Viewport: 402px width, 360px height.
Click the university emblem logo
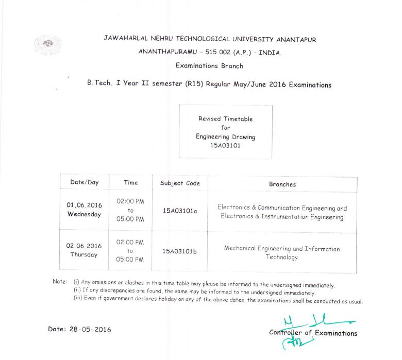[48, 44]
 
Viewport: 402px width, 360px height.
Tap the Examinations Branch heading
[209, 66]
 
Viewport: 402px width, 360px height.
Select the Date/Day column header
[85, 182]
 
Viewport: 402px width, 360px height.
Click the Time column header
[130, 182]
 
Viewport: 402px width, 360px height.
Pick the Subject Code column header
[180, 183]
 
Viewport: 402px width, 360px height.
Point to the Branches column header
[282, 184]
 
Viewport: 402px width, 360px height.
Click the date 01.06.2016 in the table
[85, 205]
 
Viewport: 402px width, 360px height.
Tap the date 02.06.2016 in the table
[84, 246]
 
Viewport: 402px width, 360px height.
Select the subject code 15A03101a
[180, 211]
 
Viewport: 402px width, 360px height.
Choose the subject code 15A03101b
[180, 251]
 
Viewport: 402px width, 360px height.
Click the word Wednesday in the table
[85, 214]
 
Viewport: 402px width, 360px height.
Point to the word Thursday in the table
[84, 254]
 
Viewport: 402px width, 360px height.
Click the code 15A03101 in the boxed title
[225, 146]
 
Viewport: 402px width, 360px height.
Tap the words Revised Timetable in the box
[226, 119]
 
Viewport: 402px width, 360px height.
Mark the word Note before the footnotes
[60, 282]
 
